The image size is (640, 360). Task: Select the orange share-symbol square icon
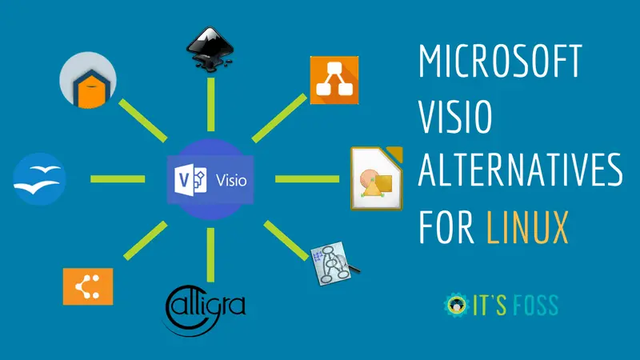[88, 286]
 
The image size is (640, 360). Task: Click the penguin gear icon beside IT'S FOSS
[454, 306]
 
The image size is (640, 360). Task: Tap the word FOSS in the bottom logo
[534, 306]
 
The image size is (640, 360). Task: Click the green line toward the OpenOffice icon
[117, 178]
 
